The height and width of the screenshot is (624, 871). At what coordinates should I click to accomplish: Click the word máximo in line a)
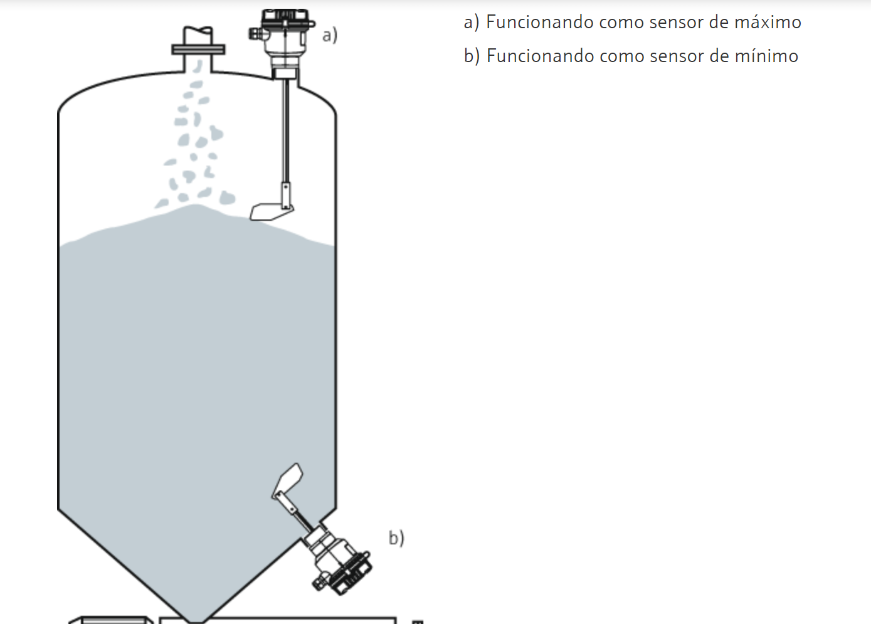coord(768,22)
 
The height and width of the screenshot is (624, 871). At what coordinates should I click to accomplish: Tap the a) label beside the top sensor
coord(330,35)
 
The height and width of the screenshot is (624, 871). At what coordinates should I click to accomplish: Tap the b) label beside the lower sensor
coord(396,538)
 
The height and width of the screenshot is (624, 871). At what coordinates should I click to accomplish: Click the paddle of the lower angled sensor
coord(288,480)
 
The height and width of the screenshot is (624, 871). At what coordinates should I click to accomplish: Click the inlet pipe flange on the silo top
coord(198,50)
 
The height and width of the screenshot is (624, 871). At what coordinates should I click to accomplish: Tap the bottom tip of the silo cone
coord(196,621)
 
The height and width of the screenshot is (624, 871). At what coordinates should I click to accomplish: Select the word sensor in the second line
coord(677,56)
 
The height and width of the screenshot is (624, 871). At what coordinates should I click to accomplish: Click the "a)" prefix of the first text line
coord(472,23)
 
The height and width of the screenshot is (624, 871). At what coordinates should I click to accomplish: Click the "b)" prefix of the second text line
coord(472,56)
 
